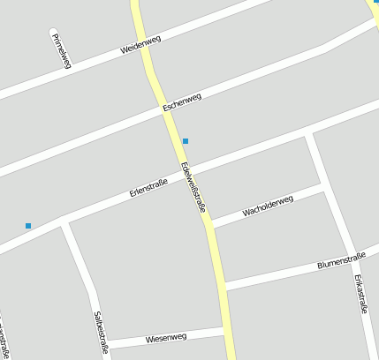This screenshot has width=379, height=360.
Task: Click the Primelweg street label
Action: click(x=61, y=49)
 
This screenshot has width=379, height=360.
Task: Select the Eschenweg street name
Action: click(x=182, y=101)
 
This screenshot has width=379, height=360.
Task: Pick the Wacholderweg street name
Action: click(x=268, y=206)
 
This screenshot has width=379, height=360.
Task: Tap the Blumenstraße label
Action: click(x=341, y=260)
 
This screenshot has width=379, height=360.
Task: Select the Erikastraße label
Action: click(x=360, y=295)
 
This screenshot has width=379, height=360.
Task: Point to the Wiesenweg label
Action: click(x=166, y=338)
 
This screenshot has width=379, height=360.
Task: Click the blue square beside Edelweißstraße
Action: click(x=186, y=141)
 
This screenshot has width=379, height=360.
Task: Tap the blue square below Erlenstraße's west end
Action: click(x=28, y=226)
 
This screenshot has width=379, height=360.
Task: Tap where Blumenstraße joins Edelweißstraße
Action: click(x=222, y=286)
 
